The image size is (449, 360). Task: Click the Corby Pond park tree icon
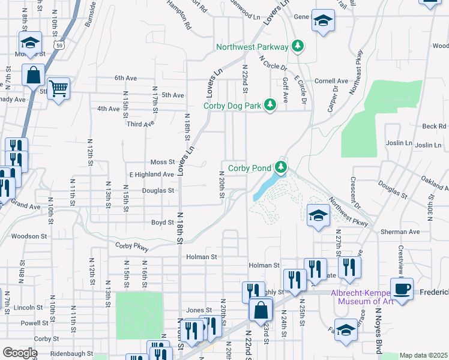point(280,167)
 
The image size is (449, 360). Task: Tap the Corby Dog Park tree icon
point(270,105)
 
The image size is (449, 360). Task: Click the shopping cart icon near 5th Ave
point(58,89)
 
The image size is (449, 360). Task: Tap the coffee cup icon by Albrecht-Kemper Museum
point(402,288)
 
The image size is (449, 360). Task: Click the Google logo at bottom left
point(19,353)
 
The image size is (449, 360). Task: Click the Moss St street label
point(162,162)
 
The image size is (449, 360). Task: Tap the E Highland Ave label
point(151,174)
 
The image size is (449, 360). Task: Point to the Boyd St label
point(162,222)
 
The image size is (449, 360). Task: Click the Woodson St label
point(29,236)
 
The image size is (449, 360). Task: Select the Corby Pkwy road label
point(131,246)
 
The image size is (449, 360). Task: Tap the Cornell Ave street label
point(331,81)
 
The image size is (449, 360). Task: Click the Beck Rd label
point(434,126)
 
